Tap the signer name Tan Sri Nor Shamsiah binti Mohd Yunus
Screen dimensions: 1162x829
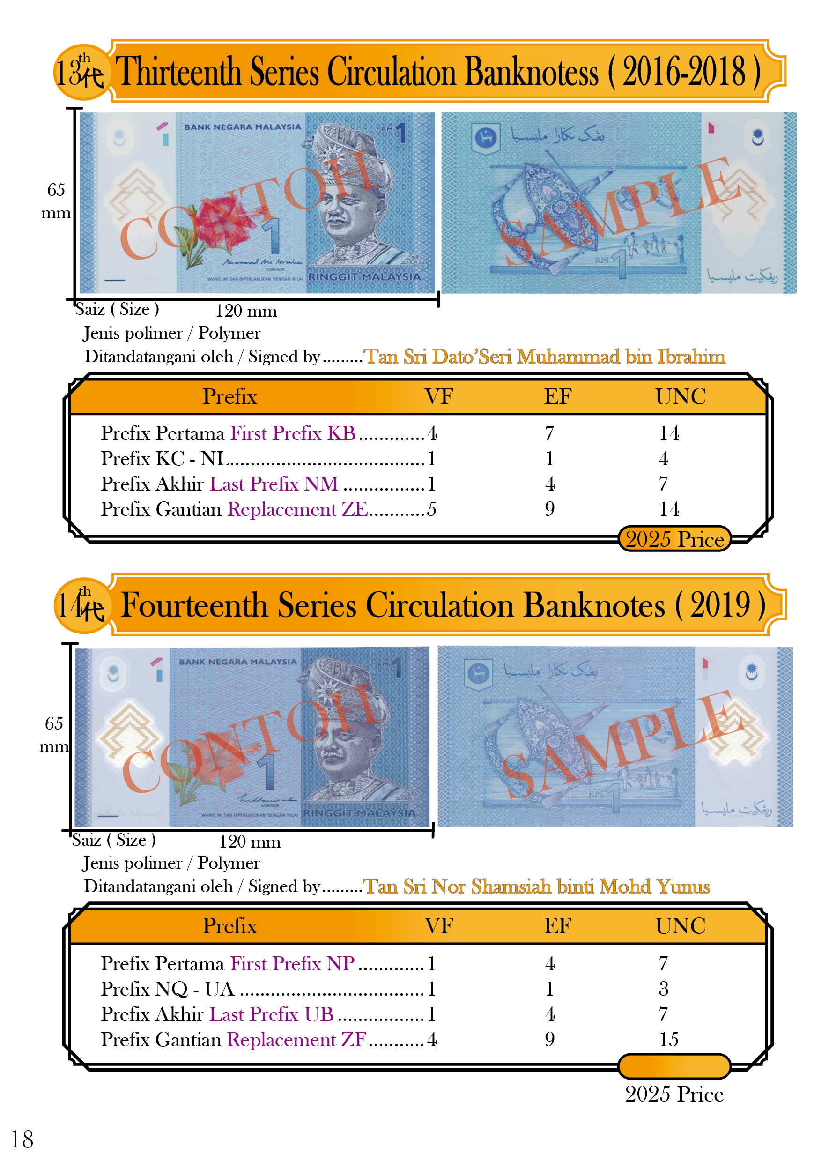pyautogui.click(x=536, y=886)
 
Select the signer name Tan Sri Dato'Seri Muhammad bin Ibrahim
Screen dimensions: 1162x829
pyautogui.click(x=544, y=357)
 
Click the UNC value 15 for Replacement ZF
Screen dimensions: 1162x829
pyautogui.click(x=669, y=1039)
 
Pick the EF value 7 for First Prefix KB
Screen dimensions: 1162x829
pyautogui.click(x=549, y=433)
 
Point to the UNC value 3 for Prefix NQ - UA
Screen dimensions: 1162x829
pyautogui.click(x=664, y=989)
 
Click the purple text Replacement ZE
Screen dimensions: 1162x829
pyautogui.click(x=297, y=509)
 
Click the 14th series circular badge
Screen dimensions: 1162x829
pyautogui.click(x=81, y=606)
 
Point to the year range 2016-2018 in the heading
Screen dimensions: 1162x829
pyautogui.click(x=683, y=72)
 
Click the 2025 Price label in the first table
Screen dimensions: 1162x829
pyautogui.click(x=674, y=539)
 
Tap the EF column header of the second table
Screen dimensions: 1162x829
pyautogui.click(x=557, y=926)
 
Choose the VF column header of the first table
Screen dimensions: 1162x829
pyautogui.click(x=439, y=397)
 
